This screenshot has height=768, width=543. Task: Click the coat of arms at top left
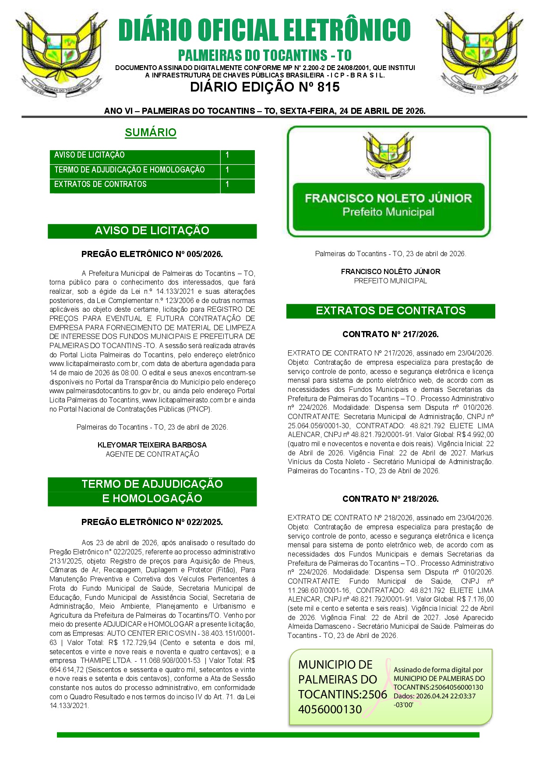click(61, 53)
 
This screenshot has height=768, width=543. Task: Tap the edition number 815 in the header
click(328, 87)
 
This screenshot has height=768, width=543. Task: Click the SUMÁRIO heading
click(151, 132)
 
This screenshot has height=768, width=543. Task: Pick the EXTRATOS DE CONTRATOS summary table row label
click(100, 184)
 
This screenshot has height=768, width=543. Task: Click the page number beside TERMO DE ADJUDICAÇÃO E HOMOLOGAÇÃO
click(227, 169)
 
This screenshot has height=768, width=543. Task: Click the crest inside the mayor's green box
click(388, 155)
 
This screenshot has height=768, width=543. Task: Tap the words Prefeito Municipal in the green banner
click(388, 212)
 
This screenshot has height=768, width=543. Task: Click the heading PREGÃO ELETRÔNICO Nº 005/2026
click(152, 254)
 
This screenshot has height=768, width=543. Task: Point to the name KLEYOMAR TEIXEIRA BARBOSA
click(152, 445)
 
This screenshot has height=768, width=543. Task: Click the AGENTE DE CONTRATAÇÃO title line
click(152, 454)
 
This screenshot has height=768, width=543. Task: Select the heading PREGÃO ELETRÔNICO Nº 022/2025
click(152, 522)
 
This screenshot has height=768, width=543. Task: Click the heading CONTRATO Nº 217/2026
click(390, 334)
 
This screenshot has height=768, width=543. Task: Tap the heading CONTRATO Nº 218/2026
click(390, 499)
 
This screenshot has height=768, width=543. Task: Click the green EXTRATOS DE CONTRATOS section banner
click(390, 311)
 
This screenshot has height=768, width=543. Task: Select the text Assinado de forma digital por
click(438, 669)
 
